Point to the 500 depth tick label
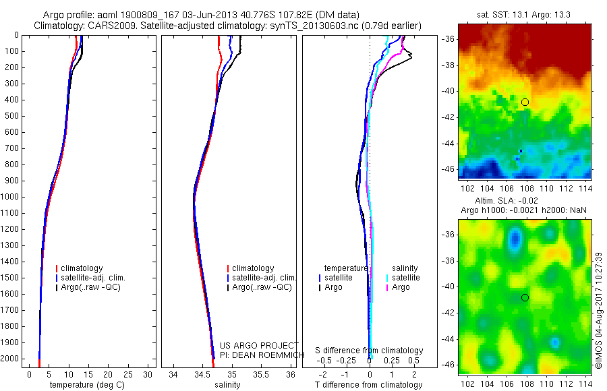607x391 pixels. click(x=11, y=116)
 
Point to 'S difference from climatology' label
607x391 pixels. click(x=370, y=351)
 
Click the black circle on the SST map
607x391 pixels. click(x=525, y=102)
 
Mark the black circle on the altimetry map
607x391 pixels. click(x=525, y=297)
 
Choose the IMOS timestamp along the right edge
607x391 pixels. click(x=599, y=309)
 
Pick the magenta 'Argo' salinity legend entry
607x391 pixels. click(x=401, y=287)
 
